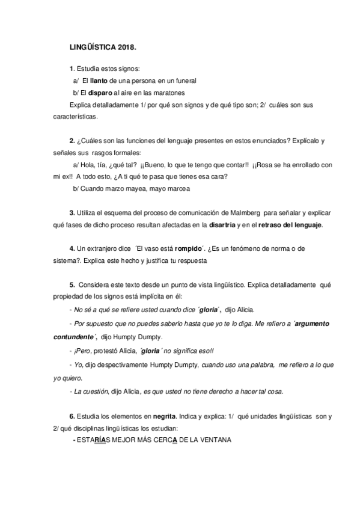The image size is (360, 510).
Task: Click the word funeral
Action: pyautogui.click(x=184, y=81)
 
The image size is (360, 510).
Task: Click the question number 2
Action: pyautogui.click(x=72, y=141)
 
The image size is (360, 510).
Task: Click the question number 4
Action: pyautogui.click(x=72, y=250)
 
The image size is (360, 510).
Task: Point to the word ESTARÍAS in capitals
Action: pyautogui.click(x=91, y=440)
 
